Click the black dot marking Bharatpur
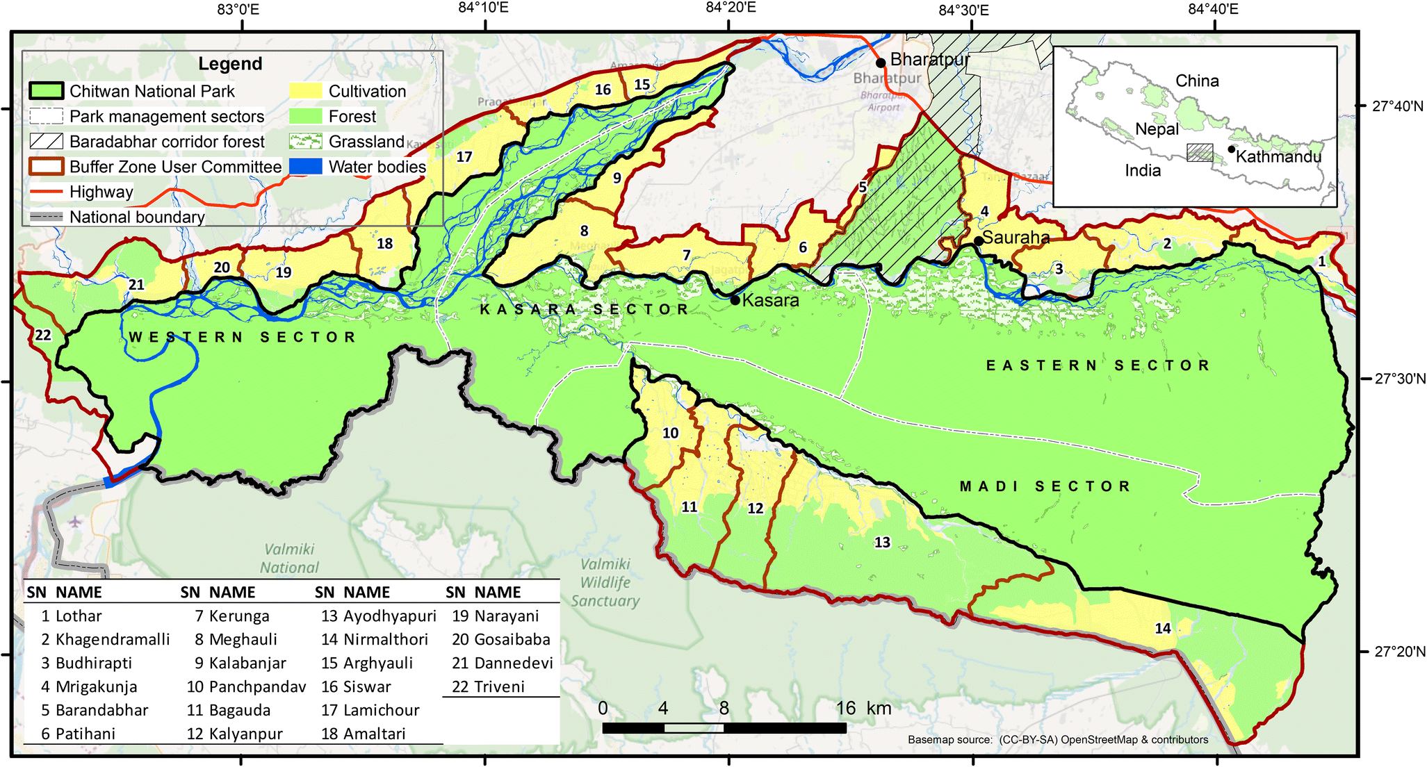pyautogui.click(x=881, y=63)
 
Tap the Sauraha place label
pyautogui.click(x=1016, y=238)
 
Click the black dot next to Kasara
pyautogui.click(x=735, y=300)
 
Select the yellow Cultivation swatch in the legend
pyautogui.click(x=306, y=91)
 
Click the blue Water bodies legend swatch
pyautogui.click(x=306, y=167)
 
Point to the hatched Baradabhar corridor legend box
pyautogui.click(x=47, y=141)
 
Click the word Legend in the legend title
pyautogui.click(x=230, y=64)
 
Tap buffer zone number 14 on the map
pyautogui.click(x=1163, y=628)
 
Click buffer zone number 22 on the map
pyautogui.click(x=43, y=336)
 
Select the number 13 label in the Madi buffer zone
pyautogui.click(x=882, y=542)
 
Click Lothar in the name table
pyautogui.click(x=79, y=616)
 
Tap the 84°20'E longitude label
pyautogui.click(x=731, y=8)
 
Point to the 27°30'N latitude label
pyautogui.click(x=1400, y=379)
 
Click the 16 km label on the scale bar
pyautogui.click(x=863, y=708)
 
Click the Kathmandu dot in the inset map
pyautogui.click(x=1232, y=149)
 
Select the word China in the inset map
pyautogui.click(x=1197, y=81)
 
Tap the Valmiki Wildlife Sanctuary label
pyautogui.click(x=605, y=582)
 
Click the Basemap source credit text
pyautogui.click(x=1057, y=740)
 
